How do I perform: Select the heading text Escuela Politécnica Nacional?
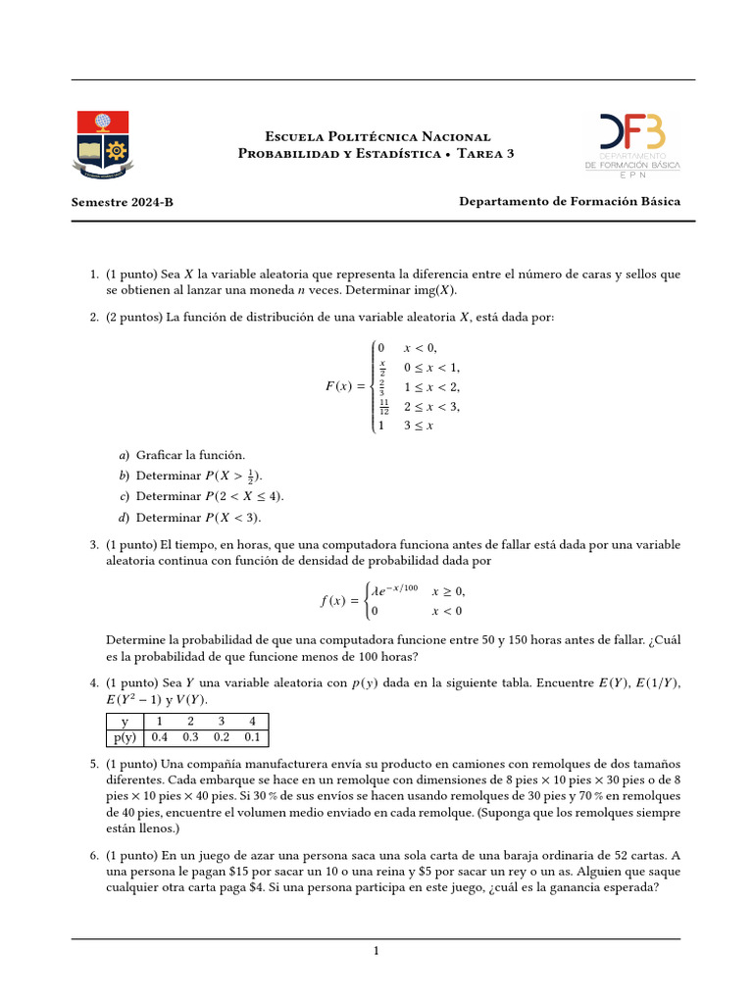pos(378,136)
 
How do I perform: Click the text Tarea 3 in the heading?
pos(484,154)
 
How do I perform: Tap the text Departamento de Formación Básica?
pos(570,201)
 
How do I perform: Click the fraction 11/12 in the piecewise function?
pos(383,407)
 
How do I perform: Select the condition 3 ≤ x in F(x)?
pos(419,426)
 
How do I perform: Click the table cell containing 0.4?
pos(160,737)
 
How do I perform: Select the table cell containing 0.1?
pos(252,737)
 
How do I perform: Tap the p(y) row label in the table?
pos(125,737)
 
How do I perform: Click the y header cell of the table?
pos(125,721)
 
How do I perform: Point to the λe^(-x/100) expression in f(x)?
pos(394,591)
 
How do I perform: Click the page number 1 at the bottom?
pos(376,951)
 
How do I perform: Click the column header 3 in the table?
pos(222,721)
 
